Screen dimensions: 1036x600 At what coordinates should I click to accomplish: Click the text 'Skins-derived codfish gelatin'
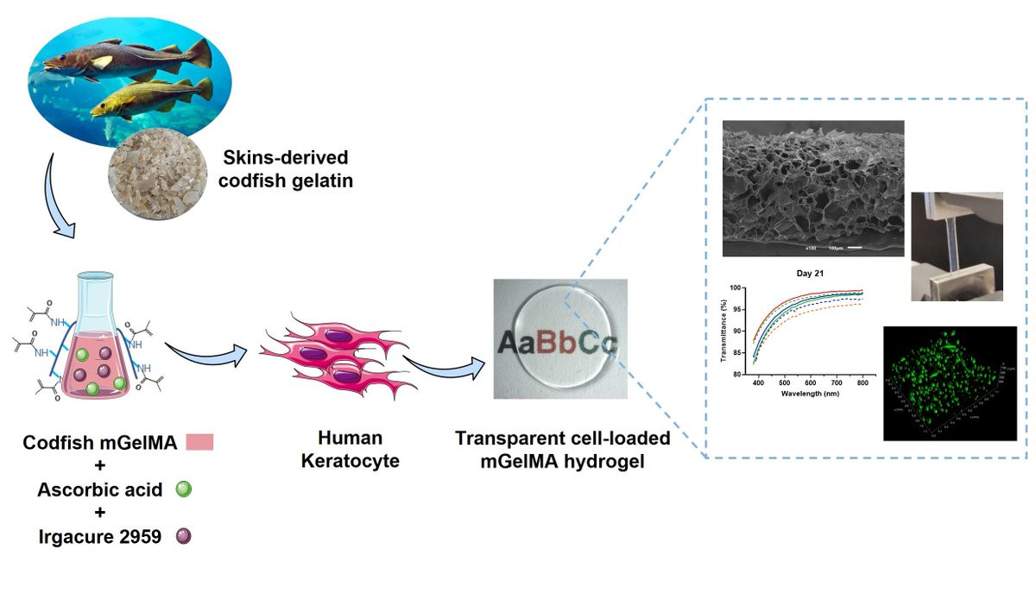[274, 169]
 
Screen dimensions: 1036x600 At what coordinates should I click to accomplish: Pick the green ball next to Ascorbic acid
[183, 489]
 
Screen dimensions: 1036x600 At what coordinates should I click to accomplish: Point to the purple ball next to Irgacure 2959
[183, 536]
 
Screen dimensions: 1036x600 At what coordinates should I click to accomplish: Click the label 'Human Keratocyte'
[350, 449]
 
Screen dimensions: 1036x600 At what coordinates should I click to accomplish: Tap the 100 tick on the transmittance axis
[740, 287]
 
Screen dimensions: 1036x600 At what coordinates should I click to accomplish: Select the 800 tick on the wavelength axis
[861, 382]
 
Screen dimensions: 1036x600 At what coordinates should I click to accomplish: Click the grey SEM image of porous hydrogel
[812, 188]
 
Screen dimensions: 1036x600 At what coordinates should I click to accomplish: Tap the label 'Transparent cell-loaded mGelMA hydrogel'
[562, 449]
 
